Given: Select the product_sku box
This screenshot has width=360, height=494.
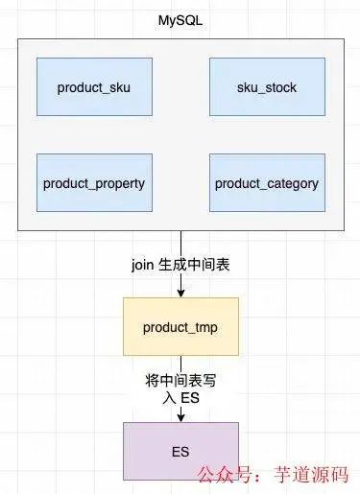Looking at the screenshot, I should coord(93,88).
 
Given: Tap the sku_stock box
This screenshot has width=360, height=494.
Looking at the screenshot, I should coord(266,88).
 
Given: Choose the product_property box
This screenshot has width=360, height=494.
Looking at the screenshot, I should coord(93,182).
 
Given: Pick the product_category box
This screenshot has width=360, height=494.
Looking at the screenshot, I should coord(266,182).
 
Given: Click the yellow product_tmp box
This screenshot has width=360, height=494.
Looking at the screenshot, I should coord(180,327).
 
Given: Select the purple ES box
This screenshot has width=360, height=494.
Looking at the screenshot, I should coord(180,449).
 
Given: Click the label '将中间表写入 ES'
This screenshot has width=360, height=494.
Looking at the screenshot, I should coord(180,388).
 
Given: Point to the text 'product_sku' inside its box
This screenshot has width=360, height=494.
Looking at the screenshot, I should coord(93,88).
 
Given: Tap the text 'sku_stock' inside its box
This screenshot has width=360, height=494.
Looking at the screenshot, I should coord(266,88).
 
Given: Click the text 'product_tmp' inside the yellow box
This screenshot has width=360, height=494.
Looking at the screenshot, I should coord(180,327).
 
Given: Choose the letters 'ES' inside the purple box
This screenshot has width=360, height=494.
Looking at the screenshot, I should coord(180,449).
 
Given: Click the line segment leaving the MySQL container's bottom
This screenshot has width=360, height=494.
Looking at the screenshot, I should coord(180,242).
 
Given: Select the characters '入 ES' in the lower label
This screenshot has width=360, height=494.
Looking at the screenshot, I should coord(180,398).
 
